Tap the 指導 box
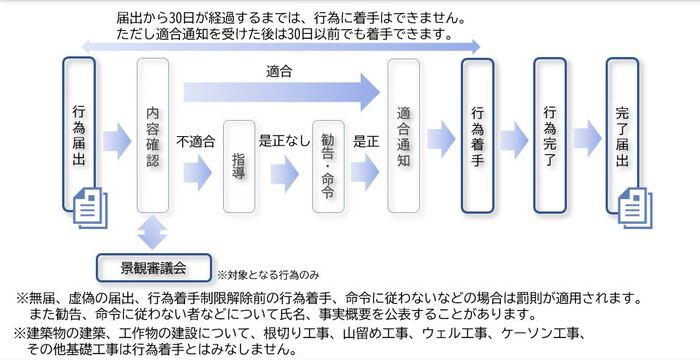tap(240, 165)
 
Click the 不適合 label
tap(196, 142)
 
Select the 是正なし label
tap(284, 142)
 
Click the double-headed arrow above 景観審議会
tap(152, 232)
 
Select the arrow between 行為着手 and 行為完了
tap(513, 136)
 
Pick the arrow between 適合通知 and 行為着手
tap(440, 136)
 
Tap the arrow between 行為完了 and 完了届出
tap(586, 136)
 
